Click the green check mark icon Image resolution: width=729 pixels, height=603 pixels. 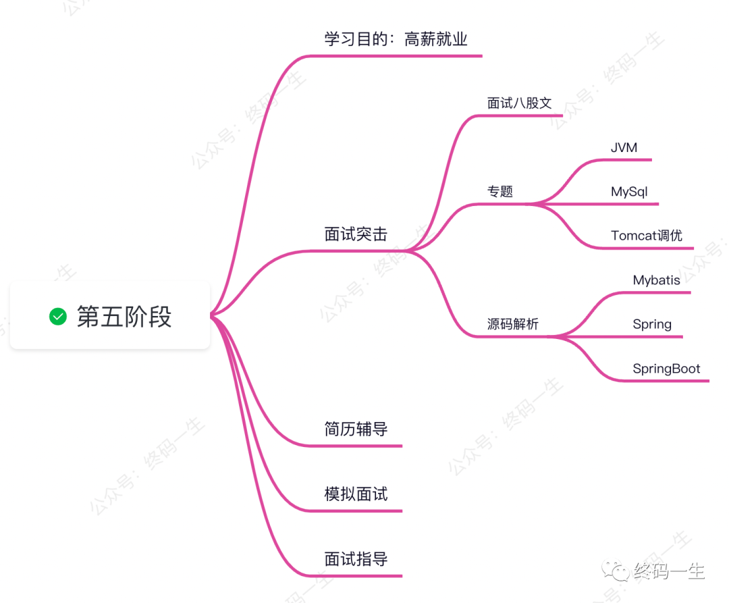coord(58,315)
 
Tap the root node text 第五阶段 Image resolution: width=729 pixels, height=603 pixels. coord(124,316)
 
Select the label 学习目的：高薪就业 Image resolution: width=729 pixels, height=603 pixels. coord(396,39)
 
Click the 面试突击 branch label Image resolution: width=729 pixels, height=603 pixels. coord(356,234)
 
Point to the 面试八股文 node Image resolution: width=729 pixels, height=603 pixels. coord(520,103)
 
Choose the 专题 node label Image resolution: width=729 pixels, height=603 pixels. coord(500,191)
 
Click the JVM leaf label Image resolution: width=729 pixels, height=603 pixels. coord(624,147)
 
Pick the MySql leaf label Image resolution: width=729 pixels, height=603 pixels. coord(629,191)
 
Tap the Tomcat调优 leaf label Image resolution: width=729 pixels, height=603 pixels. coord(647,235)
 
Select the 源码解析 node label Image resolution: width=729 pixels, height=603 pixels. coord(513,323)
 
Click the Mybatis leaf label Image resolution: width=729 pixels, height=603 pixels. coord(657,280)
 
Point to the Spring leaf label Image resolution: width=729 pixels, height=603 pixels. coord(652,323)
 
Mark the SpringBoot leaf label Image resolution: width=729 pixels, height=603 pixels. coord(666,369)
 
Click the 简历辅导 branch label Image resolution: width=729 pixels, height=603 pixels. coord(356,429)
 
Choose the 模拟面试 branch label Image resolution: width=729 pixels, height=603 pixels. coord(356,494)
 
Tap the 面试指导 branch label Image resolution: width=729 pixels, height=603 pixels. coord(356,558)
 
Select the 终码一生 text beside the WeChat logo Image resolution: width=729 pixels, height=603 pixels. coord(669,572)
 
